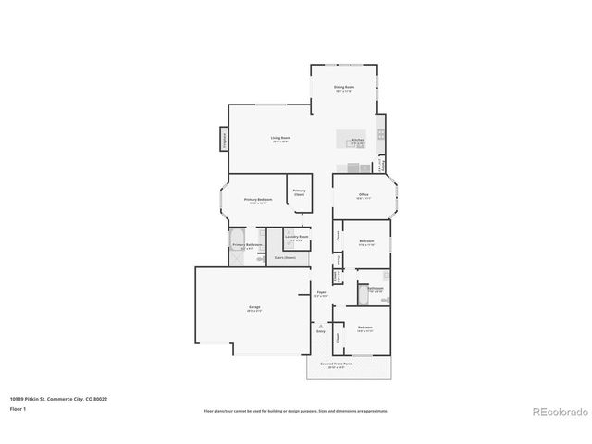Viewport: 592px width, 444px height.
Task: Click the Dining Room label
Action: pyautogui.click(x=344, y=89)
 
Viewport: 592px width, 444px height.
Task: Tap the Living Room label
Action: pyautogui.click(x=280, y=140)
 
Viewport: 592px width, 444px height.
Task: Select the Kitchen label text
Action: pyautogui.click(x=357, y=141)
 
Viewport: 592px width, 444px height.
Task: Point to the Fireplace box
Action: pyautogui.click(x=223, y=139)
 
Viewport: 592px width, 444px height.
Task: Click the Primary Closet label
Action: pyautogui.click(x=299, y=192)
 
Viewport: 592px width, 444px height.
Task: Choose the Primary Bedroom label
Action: pyautogui.click(x=258, y=201)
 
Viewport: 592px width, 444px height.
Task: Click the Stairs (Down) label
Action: pyautogui.click(x=284, y=258)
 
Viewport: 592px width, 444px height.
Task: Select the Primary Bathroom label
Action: pyautogui.click(x=247, y=246)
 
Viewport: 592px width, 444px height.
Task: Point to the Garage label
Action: pyautogui.click(x=254, y=308)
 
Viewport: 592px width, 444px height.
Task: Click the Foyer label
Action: pyautogui.click(x=321, y=294)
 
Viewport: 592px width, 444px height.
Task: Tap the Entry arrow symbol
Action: pyautogui.click(x=320, y=326)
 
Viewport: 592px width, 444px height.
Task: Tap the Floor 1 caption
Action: pyautogui.click(x=18, y=408)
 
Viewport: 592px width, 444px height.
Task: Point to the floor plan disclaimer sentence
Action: pyautogui.click(x=296, y=411)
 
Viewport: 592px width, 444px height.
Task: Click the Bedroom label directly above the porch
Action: pyautogui.click(x=365, y=328)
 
